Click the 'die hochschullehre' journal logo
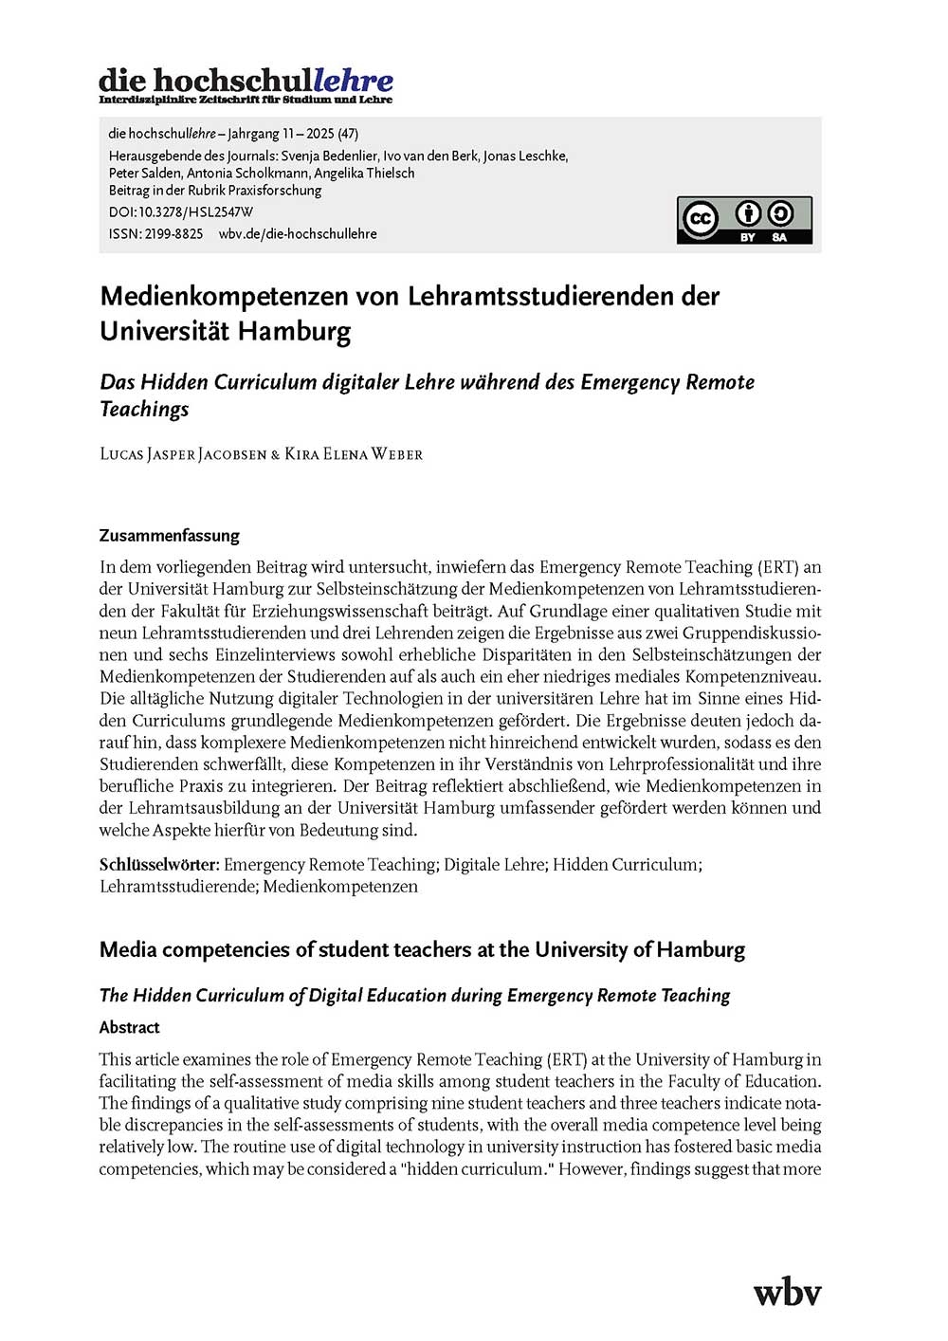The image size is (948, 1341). pos(246,83)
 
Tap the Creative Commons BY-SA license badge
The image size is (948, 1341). pos(744,220)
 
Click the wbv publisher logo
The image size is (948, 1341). pos(787,1293)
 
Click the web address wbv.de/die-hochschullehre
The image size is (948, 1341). pos(298,233)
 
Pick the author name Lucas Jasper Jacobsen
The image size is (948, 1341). pos(183,454)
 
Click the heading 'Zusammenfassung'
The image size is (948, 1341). pos(170,536)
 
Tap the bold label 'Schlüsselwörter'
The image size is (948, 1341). pos(158,865)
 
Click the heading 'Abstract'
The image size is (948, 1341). pos(129,1027)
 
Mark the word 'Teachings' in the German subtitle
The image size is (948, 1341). pos(144,409)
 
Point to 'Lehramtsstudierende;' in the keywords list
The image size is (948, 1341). pos(178,887)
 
